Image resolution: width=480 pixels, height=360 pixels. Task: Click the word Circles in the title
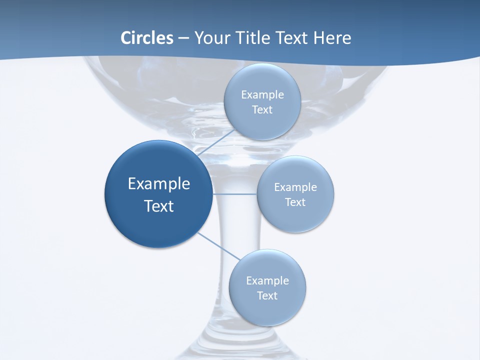coord(147,38)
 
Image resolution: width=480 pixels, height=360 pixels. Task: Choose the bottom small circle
coord(267,310)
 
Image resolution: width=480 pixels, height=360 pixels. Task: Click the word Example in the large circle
coord(159,184)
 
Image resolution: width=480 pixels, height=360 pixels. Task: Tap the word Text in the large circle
coord(159,206)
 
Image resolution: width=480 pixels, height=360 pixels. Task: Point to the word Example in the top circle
coord(262,95)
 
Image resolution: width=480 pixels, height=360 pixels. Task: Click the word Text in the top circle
coord(262,110)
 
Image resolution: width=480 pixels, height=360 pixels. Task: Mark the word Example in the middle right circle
coord(295,187)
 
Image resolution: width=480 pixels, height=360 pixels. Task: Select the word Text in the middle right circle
coord(295,202)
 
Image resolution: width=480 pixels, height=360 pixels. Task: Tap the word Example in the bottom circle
coord(267,281)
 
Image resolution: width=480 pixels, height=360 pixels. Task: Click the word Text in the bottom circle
coord(267,296)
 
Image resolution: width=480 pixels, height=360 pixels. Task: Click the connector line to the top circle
coord(216,142)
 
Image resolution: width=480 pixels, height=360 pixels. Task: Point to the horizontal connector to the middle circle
coord(234,193)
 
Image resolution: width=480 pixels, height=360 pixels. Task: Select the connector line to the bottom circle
coord(219,245)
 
